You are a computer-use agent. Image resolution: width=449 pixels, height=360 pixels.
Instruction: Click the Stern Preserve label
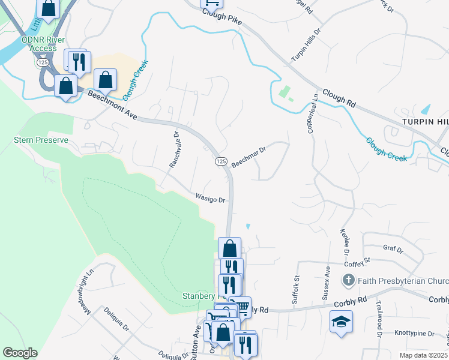41,140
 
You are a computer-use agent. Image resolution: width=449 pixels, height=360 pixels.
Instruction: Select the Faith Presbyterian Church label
403,280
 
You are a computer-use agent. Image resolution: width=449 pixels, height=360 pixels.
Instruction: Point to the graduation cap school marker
341,321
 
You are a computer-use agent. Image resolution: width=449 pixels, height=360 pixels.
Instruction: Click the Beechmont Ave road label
113,106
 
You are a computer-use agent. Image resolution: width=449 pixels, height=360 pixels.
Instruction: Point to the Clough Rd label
339,99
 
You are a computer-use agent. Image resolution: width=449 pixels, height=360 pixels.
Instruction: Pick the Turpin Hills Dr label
306,45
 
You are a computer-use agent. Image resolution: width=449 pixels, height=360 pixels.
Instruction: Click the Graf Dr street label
393,248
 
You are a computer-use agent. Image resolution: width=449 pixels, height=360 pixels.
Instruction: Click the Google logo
20,353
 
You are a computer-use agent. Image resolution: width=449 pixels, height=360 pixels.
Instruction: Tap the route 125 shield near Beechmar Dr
220,162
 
